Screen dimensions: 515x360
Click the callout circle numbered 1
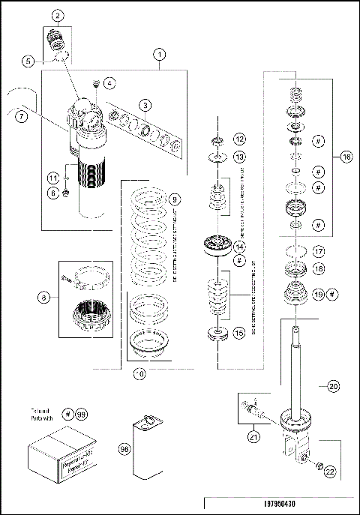(160, 55)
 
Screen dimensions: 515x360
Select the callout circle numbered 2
(58, 16)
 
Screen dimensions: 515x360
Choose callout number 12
(238, 139)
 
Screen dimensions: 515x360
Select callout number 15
(240, 331)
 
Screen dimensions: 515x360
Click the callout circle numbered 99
(82, 414)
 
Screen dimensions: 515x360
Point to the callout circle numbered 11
(52, 178)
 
